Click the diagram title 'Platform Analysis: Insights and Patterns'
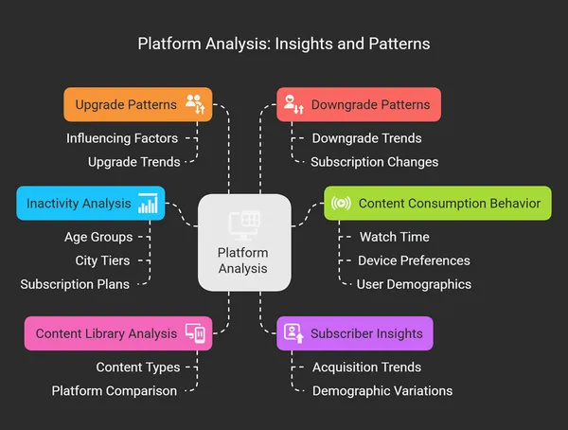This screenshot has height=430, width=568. pos(284,44)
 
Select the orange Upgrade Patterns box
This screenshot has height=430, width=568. pos(137,104)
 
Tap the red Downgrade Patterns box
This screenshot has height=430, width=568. pos(359,104)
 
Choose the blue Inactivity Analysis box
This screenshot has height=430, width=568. pos(90,203)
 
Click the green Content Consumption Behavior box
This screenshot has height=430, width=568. pos(437,203)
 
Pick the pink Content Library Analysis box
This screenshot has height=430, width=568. pos(117,333)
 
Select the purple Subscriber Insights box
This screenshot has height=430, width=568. pos(356,333)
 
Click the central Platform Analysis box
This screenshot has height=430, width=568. pos(243,242)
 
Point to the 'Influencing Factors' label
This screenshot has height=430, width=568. pos(122,138)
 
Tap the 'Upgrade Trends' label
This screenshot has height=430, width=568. pos(133,162)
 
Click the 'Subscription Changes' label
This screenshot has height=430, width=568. pos(375,162)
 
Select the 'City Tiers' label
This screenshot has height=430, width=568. pos(102,260)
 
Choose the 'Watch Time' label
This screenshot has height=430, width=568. pos(394,237)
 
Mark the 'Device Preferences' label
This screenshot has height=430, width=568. pos(414,260)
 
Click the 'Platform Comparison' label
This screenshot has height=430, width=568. pos(114,391)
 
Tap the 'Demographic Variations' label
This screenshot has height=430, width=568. pos(382,391)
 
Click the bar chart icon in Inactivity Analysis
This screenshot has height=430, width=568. pos(148,204)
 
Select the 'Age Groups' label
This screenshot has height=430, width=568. pos(98,237)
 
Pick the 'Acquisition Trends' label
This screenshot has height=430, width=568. pos(367,367)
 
